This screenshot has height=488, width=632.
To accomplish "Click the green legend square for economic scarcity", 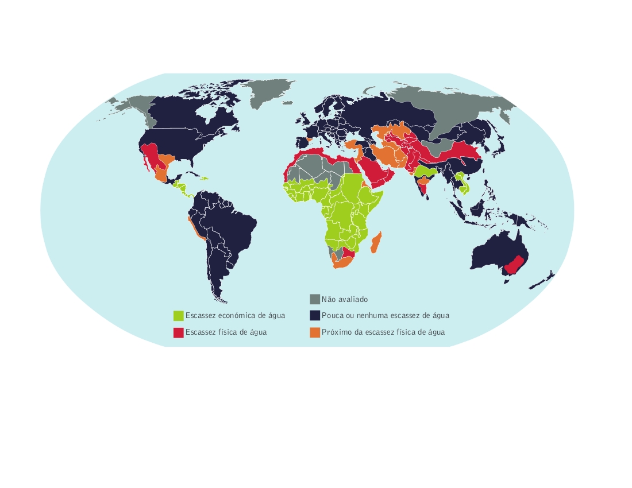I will click(x=178, y=316).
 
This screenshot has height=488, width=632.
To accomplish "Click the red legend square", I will click(x=178, y=332).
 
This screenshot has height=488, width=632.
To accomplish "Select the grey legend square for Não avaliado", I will click(x=314, y=299).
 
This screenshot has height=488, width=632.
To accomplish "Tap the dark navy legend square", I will click(x=314, y=316).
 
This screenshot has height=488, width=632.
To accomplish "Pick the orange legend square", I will click(x=314, y=332).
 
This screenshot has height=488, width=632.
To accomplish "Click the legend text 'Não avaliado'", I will click(x=345, y=299).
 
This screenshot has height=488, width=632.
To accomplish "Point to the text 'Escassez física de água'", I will click(x=226, y=332).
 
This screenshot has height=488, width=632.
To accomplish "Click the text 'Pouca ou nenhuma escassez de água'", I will click(x=386, y=316).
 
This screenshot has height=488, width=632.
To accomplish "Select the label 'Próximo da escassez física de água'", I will click(x=383, y=332).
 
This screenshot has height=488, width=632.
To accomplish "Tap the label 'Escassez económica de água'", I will click(x=235, y=316).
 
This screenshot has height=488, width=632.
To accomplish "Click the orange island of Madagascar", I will click(x=377, y=242).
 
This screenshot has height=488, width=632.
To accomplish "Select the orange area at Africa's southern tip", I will click(x=341, y=263).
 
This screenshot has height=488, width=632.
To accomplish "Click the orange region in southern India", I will click(x=425, y=185).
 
